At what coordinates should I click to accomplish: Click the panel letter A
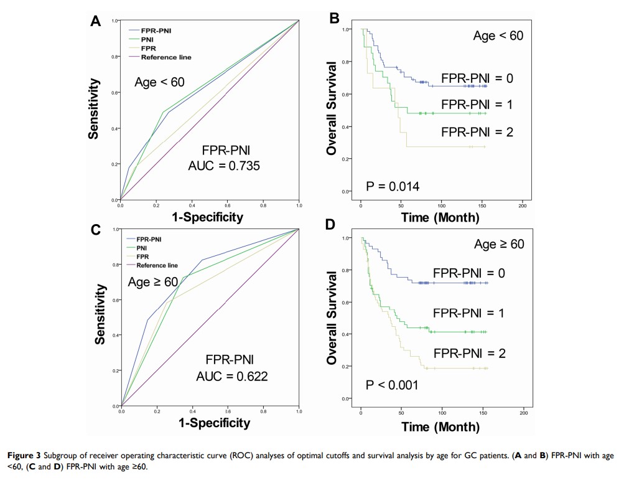coord(95,21)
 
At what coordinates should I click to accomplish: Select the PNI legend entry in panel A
coord(147,39)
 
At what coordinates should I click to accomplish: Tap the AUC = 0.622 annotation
coord(232,377)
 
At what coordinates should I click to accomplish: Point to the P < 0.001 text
coord(392,385)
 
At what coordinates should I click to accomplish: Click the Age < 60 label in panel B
coord(498,36)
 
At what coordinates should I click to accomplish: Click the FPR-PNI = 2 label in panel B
coord(477,131)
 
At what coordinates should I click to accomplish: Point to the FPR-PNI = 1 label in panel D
coord(468,313)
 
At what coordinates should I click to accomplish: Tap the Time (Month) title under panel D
coord(440,427)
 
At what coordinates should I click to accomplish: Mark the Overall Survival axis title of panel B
coord(332,108)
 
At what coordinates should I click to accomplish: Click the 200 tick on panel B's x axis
coord(523,205)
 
